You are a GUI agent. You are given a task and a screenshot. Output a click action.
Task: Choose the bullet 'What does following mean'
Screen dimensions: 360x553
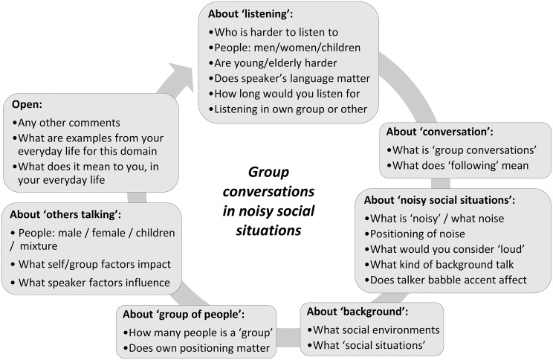click(462, 165)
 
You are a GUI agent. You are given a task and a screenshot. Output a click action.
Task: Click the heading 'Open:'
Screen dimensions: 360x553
click(27, 106)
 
